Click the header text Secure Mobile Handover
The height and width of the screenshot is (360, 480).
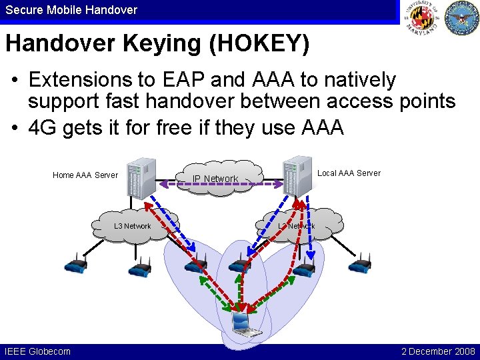pos(71,10)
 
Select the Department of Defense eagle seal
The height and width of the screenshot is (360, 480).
pos(461,18)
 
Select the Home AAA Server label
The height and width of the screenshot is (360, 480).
pos(85,175)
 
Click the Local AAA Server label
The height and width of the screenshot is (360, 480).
pos(349,173)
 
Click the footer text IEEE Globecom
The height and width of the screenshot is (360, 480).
pos(37,351)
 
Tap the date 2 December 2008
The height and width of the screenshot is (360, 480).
pos(438,351)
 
